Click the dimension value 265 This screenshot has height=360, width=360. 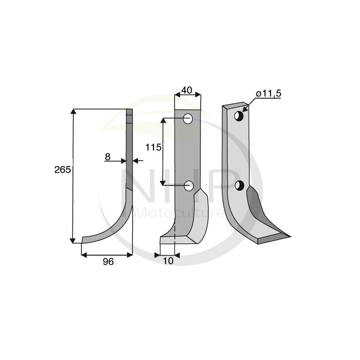pos(63,170)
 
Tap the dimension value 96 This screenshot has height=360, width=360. pos(108,261)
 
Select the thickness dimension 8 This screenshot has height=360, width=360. pos(108,157)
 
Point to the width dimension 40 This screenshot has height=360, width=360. pos(187,90)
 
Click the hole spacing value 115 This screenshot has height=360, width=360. pos(153,147)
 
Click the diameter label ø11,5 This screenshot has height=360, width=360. pos(268,94)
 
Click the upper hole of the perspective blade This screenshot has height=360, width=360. pos(239,116)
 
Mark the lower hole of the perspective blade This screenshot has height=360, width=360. pos(240,185)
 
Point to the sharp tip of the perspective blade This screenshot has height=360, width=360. pos(290,234)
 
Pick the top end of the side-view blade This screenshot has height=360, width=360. pos(130,111)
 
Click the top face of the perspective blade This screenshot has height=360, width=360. pos(233,106)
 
